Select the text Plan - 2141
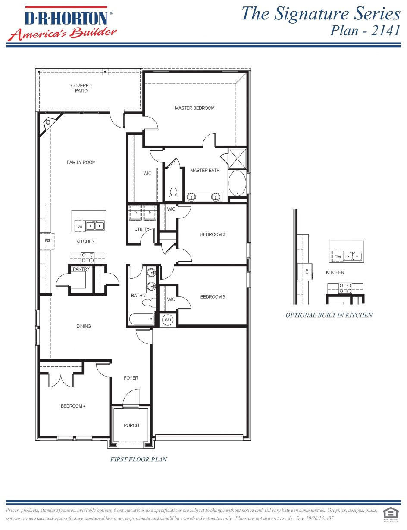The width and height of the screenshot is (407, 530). click(365, 31)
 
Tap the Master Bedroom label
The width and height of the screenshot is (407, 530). click(194, 108)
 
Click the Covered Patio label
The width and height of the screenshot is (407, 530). click(81, 88)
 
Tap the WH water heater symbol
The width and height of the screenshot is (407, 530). click(167, 320)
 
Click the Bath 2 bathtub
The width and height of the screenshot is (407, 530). click(141, 319)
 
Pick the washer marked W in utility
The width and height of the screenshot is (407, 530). click(136, 213)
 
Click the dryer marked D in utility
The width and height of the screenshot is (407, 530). click(150, 213)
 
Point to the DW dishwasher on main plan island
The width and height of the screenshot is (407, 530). click(80, 226)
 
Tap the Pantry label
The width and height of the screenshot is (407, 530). click(81, 269)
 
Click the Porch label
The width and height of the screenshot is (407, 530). click(131, 425)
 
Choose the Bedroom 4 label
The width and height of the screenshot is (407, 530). click(73, 406)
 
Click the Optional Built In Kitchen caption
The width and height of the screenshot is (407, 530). click(329, 315)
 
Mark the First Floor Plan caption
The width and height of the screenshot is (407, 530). click(138, 459)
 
